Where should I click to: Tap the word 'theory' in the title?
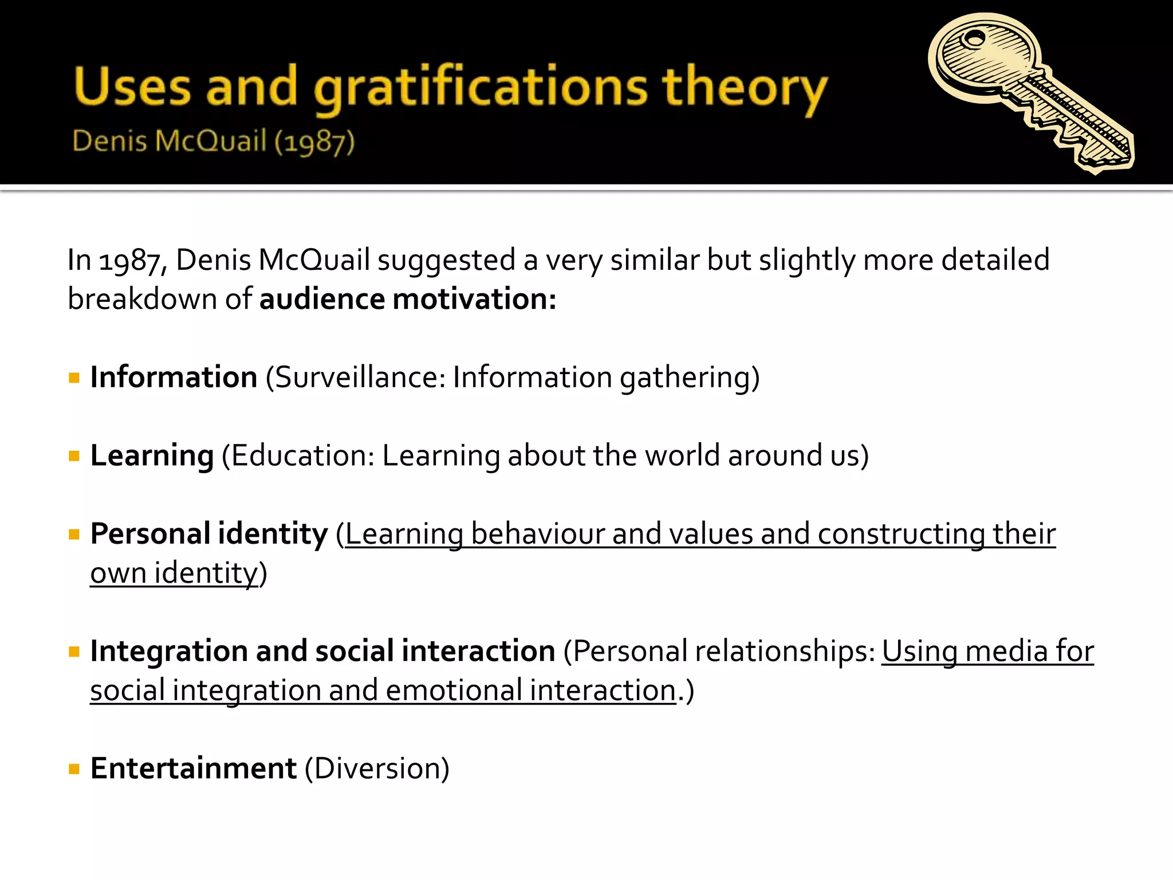click(x=745, y=89)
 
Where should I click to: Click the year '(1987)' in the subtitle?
click(x=314, y=141)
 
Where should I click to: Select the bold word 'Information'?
click(x=174, y=378)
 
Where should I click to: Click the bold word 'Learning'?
click(x=152, y=456)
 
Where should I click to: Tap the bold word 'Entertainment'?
click(x=193, y=769)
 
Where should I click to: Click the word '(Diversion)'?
click(x=377, y=769)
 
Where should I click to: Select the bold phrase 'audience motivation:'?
click(x=408, y=299)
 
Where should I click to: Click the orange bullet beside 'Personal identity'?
click(x=74, y=535)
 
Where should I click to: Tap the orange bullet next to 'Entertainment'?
click(x=74, y=769)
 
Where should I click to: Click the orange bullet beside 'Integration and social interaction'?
click(x=74, y=651)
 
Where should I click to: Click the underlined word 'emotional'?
click(x=454, y=690)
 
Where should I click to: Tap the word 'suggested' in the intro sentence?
click(x=446, y=260)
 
